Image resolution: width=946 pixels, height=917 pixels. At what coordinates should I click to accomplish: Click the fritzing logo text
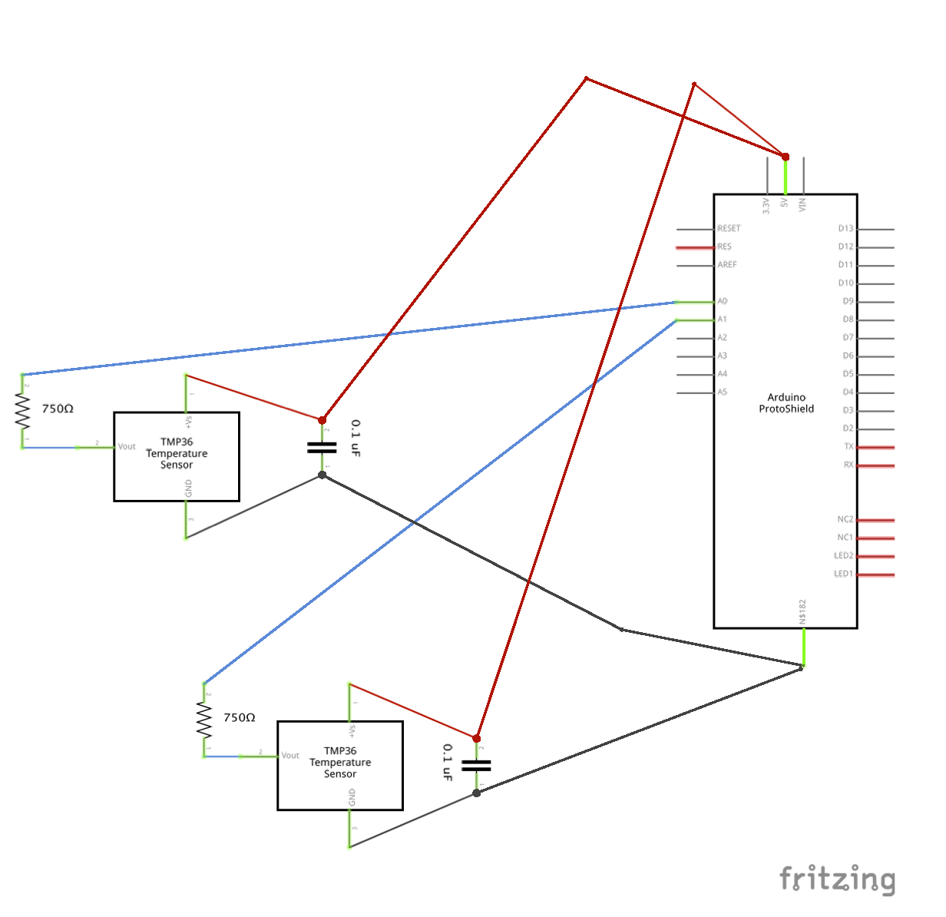click(837, 879)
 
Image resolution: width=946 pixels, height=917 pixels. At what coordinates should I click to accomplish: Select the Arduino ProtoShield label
click(786, 403)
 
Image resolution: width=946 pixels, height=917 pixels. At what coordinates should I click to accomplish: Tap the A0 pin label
click(723, 301)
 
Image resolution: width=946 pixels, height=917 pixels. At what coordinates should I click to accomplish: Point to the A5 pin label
click(723, 392)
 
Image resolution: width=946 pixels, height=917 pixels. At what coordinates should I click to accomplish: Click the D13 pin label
click(845, 228)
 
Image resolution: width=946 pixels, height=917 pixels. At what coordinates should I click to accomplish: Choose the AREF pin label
click(727, 265)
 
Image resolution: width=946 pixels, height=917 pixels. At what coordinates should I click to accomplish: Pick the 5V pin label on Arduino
click(784, 204)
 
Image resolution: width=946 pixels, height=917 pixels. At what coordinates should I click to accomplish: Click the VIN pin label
click(802, 205)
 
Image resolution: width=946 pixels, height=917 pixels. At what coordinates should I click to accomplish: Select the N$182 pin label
click(802, 611)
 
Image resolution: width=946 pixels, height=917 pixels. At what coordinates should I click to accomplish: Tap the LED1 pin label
click(843, 574)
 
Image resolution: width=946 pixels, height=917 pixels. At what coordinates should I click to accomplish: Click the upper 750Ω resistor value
click(58, 409)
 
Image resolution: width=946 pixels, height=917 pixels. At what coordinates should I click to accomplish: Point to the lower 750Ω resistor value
click(239, 717)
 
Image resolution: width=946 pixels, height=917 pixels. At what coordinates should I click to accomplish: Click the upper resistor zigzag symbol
click(22, 411)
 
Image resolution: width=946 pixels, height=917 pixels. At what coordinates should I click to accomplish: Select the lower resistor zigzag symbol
click(204, 720)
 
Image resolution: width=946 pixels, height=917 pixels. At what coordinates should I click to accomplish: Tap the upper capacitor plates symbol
click(322, 447)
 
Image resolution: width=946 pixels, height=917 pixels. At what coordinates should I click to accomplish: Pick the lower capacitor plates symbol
click(476, 765)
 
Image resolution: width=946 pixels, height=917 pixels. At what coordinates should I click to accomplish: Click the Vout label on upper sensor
click(127, 446)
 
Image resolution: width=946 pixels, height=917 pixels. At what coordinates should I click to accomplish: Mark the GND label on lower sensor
click(352, 798)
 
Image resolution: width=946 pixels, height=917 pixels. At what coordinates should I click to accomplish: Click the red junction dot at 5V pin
click(786, 157)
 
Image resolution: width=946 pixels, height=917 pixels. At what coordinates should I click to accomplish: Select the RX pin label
click(848, 465)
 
